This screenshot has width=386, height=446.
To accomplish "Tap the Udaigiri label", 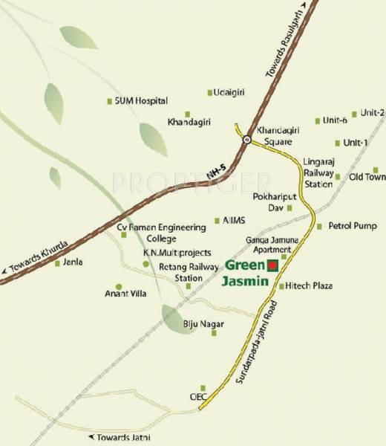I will tap(229, 92).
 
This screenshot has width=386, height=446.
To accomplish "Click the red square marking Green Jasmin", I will tap(272, 265).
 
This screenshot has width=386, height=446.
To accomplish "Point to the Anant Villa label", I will tap(122, 294).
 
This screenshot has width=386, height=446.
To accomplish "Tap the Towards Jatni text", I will tap(117, 437).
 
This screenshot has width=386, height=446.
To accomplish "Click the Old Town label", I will tap(367, 177).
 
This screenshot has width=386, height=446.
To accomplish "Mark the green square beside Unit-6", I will tap(315, 120).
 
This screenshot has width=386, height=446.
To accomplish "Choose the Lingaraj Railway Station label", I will tap(318, 172).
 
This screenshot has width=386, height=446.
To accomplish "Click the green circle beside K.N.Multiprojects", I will tap(146, 264).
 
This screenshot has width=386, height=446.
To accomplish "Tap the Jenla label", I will tap(73, 262).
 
